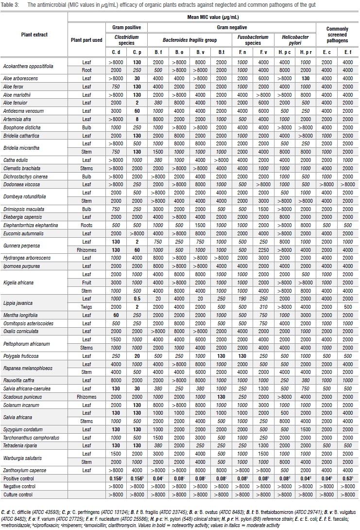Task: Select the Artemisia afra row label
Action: click(x=16, y=119)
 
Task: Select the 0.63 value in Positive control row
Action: click(x=347, y=478)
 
